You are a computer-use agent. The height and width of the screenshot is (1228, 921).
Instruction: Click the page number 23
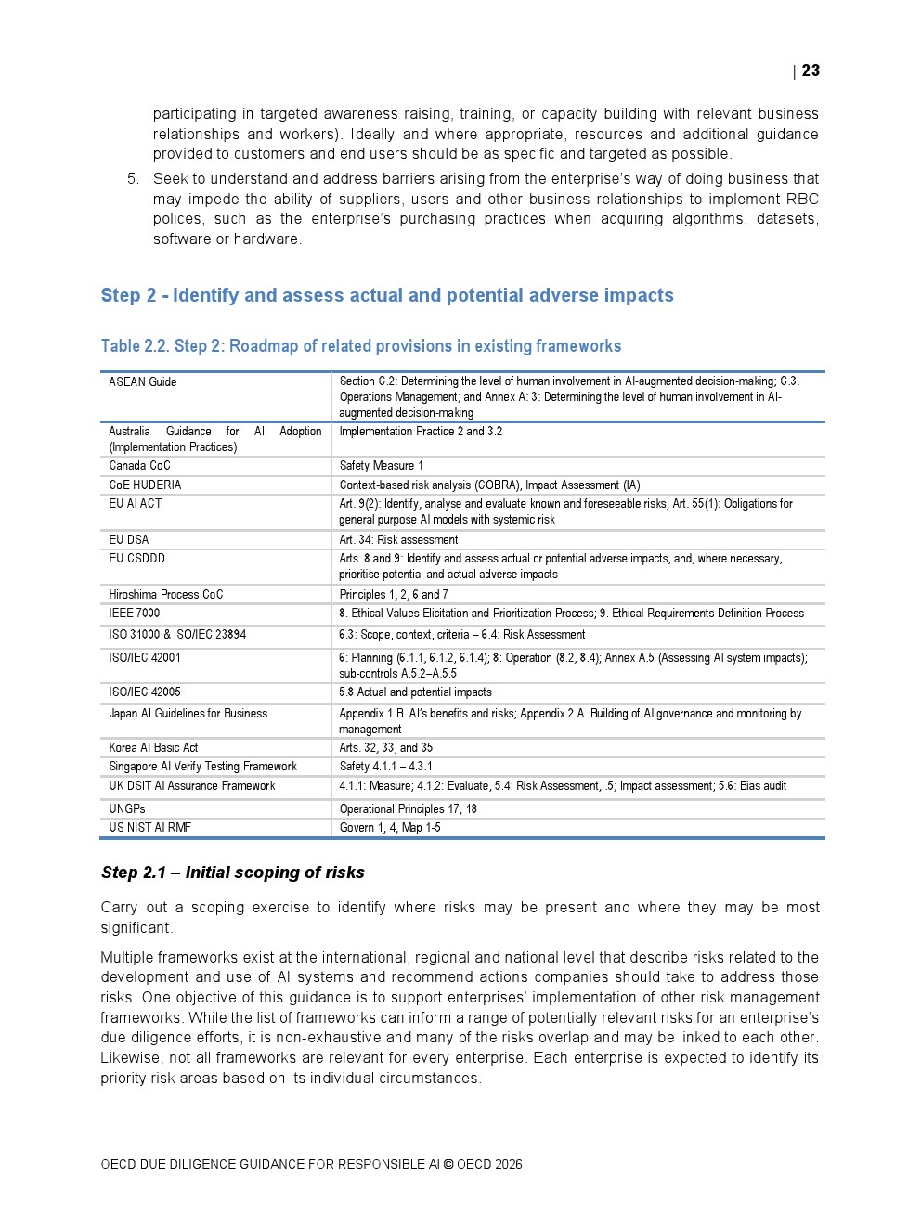pos(811,71)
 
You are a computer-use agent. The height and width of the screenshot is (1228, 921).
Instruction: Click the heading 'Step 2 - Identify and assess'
pos(387,295)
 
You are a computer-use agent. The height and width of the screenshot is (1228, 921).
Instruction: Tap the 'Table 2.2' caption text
pos(360,346)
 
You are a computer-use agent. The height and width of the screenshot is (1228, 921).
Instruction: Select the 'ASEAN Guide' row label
pos(142,381)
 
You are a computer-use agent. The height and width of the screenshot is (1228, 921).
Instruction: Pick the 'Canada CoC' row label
pos(139,466)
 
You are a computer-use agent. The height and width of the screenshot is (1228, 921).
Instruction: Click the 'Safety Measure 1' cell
pos(381,466)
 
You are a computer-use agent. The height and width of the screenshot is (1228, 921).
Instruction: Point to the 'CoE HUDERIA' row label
pos(145,485)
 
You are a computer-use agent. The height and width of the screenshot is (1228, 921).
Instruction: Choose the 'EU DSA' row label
pos(128,539)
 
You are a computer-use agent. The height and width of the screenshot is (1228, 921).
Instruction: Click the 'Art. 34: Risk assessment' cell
pos(398,539)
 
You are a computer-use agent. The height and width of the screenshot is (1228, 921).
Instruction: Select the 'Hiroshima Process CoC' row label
pos(165,594)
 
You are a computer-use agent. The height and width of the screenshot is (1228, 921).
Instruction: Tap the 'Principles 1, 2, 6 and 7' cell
pos(393,594)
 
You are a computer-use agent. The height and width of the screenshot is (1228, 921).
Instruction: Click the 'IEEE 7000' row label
pos(134,613)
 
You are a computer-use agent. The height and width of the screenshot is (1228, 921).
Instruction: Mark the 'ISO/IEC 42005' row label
pos(145,692)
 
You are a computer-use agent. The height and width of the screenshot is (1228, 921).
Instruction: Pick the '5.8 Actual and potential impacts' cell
pos(415,692)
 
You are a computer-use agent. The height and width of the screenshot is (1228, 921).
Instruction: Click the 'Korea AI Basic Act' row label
pos(153,747)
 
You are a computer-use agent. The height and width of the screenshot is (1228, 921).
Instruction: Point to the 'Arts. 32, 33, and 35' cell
pos(385,747)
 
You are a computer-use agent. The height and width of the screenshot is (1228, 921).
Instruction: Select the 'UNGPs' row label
pos(127,808)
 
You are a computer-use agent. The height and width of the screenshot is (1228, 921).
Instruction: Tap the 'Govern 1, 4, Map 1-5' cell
pos(390,827)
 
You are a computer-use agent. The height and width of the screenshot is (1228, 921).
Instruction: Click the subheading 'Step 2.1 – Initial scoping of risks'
pos(232,873)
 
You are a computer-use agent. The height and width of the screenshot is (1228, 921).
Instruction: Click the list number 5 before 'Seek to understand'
pos(132,178)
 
